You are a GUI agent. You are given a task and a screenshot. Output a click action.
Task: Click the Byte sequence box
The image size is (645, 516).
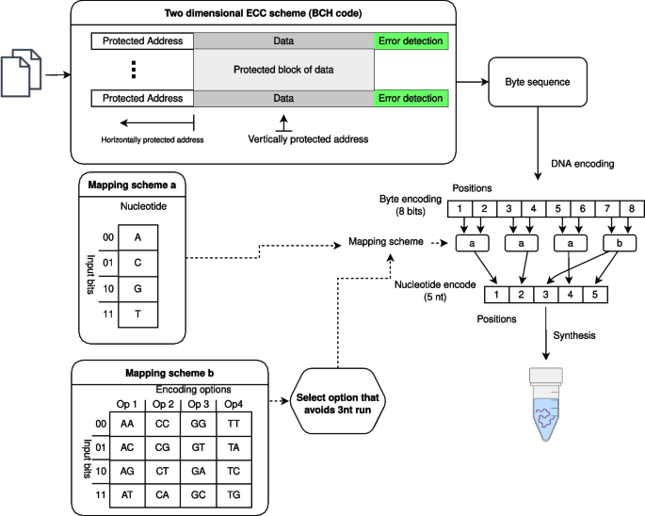point(535,83)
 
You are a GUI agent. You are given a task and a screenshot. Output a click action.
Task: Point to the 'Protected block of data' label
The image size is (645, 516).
point(283,70)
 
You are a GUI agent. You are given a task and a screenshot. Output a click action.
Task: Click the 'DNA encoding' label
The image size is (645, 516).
point(582,165)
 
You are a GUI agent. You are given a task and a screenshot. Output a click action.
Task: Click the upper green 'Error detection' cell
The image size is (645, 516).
point(411,41)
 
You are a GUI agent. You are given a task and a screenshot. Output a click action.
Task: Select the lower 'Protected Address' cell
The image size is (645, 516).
point(143,98)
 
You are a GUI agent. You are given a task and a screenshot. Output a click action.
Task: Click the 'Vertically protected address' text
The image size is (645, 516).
point(308,139)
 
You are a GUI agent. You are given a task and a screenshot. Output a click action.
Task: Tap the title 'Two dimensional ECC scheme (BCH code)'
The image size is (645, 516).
point(261,14)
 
